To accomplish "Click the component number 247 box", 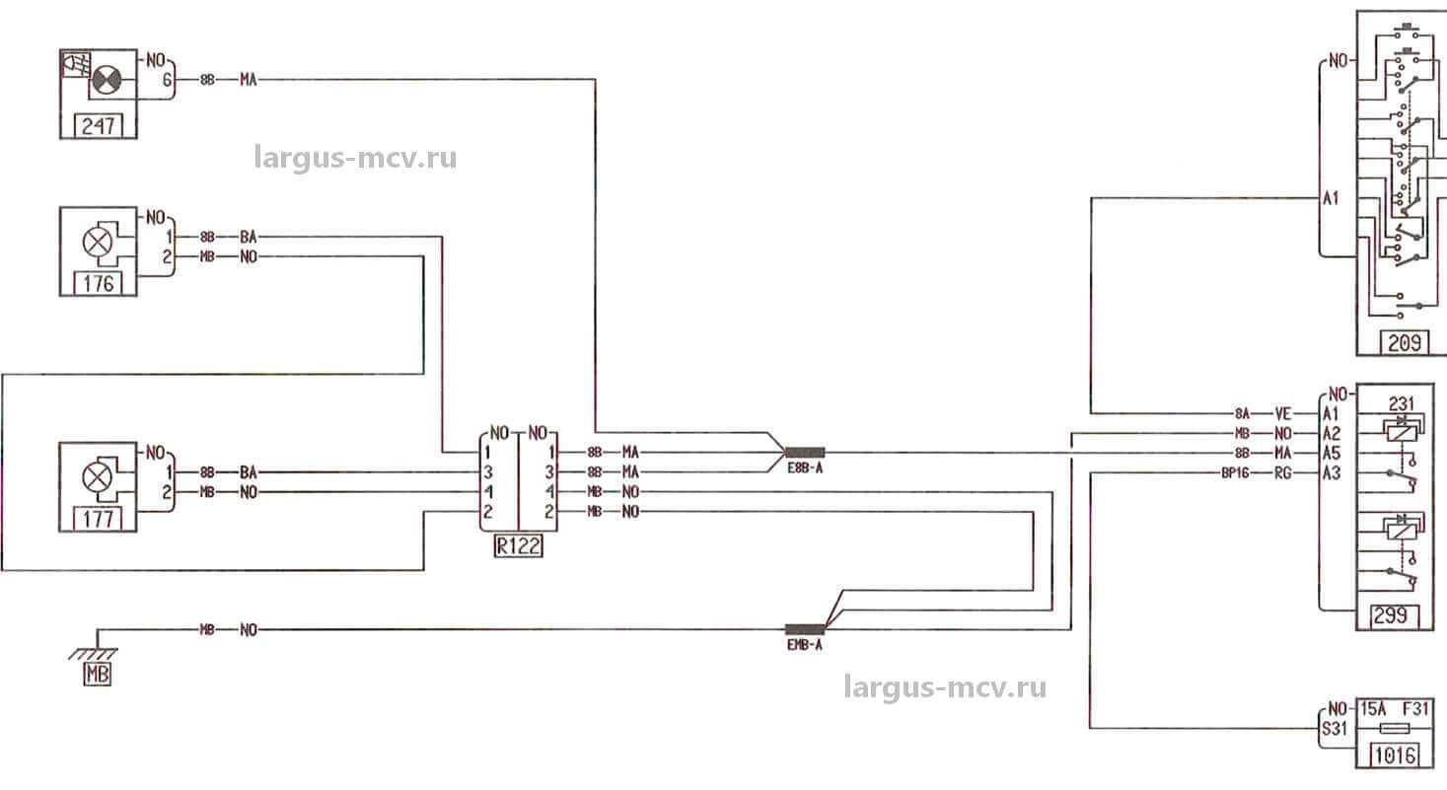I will click(98, 126).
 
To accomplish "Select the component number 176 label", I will click(98, 284).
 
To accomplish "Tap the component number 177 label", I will click(98, 519).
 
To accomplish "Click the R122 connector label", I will click(518, 545).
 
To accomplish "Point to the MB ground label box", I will click(98, 676).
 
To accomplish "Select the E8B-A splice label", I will click(804, 469).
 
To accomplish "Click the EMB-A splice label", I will click(804, 647).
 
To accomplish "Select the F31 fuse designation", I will click(1414, 709).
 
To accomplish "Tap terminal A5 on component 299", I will click(1332, 453).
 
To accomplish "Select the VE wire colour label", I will click(1282, 413).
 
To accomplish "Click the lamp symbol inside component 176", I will click(97, 240).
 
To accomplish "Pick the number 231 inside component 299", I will click(1402, 402).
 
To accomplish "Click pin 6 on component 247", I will click(168, 80).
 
